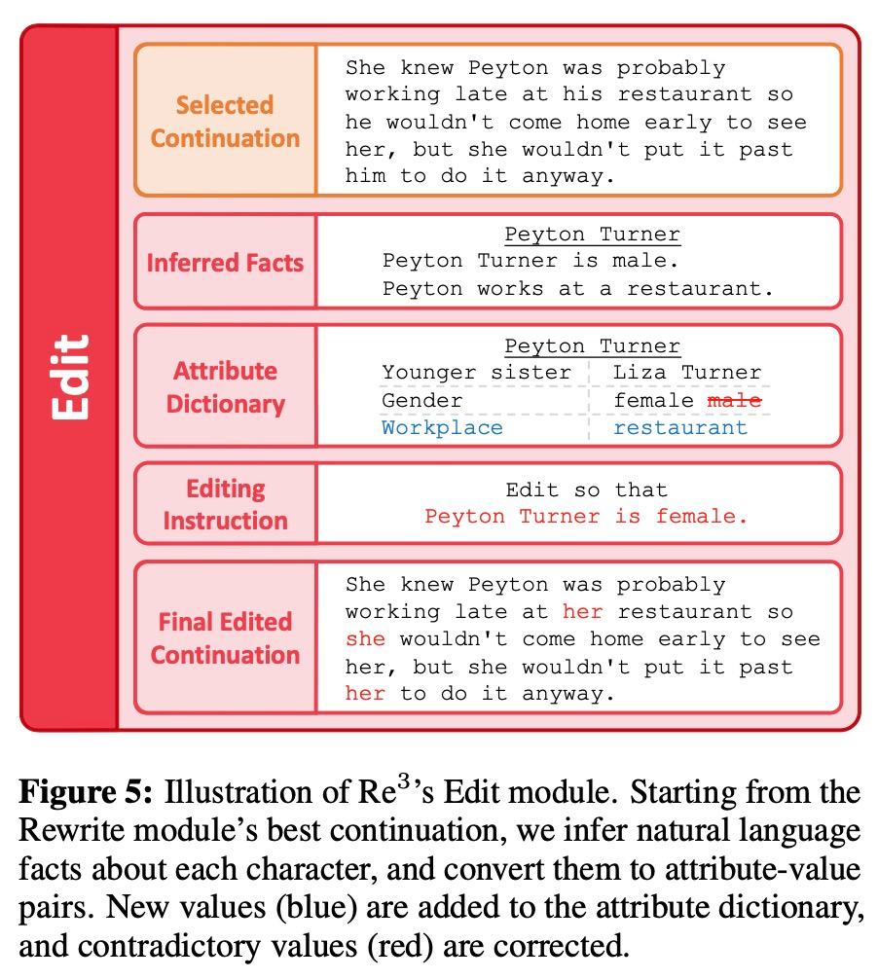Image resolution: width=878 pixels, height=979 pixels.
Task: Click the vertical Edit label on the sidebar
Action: (69, 378)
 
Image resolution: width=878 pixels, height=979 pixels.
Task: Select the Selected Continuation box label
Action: (225, 121)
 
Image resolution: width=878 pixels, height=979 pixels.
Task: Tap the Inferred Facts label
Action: (225, 263)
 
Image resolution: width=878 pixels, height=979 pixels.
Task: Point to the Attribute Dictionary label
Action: (225, 387)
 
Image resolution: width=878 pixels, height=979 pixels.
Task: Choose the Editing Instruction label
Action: (225, 504)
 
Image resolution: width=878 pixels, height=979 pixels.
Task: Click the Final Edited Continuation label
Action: (225, 637)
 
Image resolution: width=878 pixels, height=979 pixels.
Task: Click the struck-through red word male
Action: (734, 400)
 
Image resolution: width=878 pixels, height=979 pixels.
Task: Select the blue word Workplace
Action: (442, 427)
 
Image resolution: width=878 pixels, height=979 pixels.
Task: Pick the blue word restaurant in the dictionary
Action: (679, 427)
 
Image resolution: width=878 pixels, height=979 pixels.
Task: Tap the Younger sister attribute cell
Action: (476, 373)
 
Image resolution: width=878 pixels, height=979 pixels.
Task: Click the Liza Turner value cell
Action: (686, 373)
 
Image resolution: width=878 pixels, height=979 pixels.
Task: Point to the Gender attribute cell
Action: (421, 400)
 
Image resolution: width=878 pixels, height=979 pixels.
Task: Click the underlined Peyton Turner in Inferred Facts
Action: (592, 235)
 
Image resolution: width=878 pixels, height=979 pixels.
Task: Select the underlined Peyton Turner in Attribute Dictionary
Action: (592, 346)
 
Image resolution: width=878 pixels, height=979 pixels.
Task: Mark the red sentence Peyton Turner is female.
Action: (586, 517)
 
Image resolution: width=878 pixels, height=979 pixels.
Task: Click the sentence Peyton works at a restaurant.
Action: (576, 289)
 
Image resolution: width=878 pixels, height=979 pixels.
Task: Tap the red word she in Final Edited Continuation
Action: (365, 639)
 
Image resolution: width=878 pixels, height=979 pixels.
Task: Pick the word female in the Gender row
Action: (653, 400)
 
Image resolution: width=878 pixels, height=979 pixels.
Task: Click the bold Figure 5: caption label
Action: (86, 793)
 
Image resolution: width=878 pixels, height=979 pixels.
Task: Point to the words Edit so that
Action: (586, 489)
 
